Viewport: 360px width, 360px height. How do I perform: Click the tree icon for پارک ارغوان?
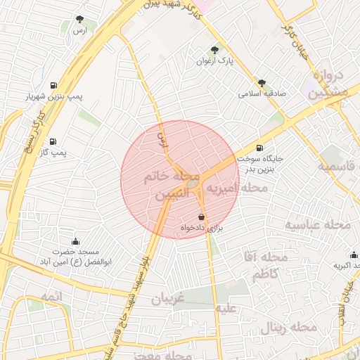tap(214, 49)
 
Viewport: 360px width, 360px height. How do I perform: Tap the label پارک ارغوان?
tap(215, 61)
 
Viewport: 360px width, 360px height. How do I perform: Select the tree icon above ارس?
tap(79, 20)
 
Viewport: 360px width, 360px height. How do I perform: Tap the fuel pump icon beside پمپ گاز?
tap(53, 141)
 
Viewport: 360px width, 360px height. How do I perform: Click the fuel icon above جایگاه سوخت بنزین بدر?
tap(261, 148)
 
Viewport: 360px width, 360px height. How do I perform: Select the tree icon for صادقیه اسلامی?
tap(262, 82)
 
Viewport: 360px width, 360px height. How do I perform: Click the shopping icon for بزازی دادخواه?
tap(202, 217)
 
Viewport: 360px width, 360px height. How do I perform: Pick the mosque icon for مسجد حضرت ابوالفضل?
tap(76, 241)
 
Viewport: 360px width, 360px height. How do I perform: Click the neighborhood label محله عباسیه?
tap(317, 224)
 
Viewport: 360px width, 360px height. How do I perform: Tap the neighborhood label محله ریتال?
tap(289, 328)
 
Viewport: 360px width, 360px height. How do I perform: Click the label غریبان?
tap(167, 299)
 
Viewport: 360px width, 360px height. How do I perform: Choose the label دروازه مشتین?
tap(328, 84)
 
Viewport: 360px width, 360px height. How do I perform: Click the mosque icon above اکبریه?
tap(353, 255)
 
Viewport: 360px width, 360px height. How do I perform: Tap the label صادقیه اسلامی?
tap(259, 93)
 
